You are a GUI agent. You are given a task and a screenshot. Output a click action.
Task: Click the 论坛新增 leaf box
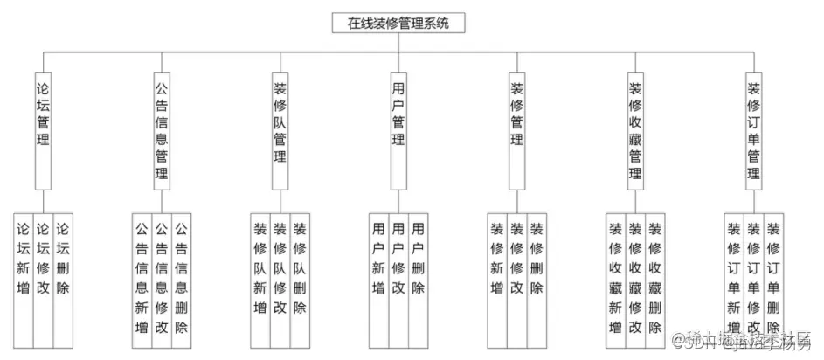click(x=24, y=275)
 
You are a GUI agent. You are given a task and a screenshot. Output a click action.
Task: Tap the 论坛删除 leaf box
click(x=63, y=275)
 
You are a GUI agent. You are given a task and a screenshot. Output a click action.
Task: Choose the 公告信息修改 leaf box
click(x=162, y=275)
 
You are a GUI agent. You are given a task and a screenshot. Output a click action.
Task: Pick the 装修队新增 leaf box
click(x=260, y=275)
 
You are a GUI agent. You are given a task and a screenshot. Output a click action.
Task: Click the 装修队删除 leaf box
click(x=300, y=275)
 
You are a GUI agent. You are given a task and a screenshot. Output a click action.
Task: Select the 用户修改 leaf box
click(x=398, y=275)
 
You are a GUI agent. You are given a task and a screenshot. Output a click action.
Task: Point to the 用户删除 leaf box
click(x=419, y=275)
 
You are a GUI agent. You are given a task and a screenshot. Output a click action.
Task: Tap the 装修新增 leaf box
click(x=496, y=275)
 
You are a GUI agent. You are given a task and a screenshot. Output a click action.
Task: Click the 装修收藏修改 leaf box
click(x=635, y=275)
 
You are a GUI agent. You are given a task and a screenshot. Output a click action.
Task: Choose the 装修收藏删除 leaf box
click(x=655, y=275)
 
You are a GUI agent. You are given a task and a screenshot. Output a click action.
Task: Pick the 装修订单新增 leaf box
click(x=734, y=275)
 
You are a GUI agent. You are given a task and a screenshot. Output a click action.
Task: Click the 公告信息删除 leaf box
click(x=182, y=275)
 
